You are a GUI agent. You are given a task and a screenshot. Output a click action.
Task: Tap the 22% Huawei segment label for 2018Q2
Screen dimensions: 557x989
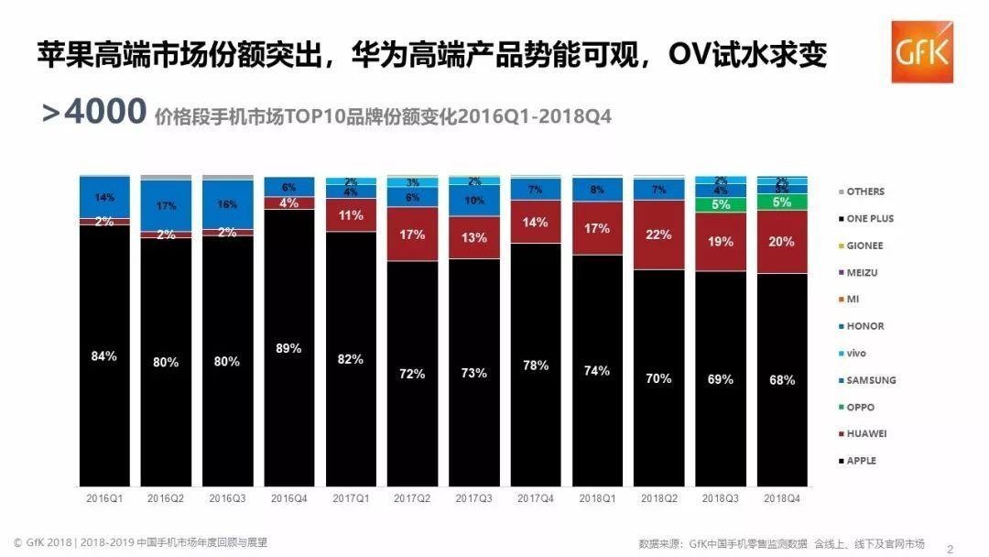tap(658, 235)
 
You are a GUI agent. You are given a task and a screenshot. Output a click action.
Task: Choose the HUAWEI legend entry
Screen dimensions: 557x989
tap(865, 433)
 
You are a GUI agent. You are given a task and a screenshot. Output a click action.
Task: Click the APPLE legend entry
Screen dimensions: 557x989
tap(860, 461)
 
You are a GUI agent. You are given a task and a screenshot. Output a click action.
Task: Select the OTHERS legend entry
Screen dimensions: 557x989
tap(864, 191)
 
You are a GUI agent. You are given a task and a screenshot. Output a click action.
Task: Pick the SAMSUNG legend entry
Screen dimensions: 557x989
tap(869, 380)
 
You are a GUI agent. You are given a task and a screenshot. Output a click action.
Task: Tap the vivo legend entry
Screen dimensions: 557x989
tap(856, 353)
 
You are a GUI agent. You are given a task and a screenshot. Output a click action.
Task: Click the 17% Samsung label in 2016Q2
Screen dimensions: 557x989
tap(165, 206)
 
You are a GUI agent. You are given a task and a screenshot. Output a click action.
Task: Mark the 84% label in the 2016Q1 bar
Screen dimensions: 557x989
tap(103, 355)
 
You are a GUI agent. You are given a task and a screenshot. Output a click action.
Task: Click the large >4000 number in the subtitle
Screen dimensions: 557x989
tap(94, 114)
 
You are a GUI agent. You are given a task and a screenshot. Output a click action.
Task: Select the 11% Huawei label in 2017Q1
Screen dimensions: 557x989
tap(350, 216)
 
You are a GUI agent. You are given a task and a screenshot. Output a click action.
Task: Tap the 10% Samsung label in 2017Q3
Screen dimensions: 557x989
tap(473, 201)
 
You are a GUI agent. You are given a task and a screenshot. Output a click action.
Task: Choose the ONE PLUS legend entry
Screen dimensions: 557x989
tap(869, 219)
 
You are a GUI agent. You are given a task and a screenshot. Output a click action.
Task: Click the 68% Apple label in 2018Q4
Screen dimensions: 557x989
tap(781, 380)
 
